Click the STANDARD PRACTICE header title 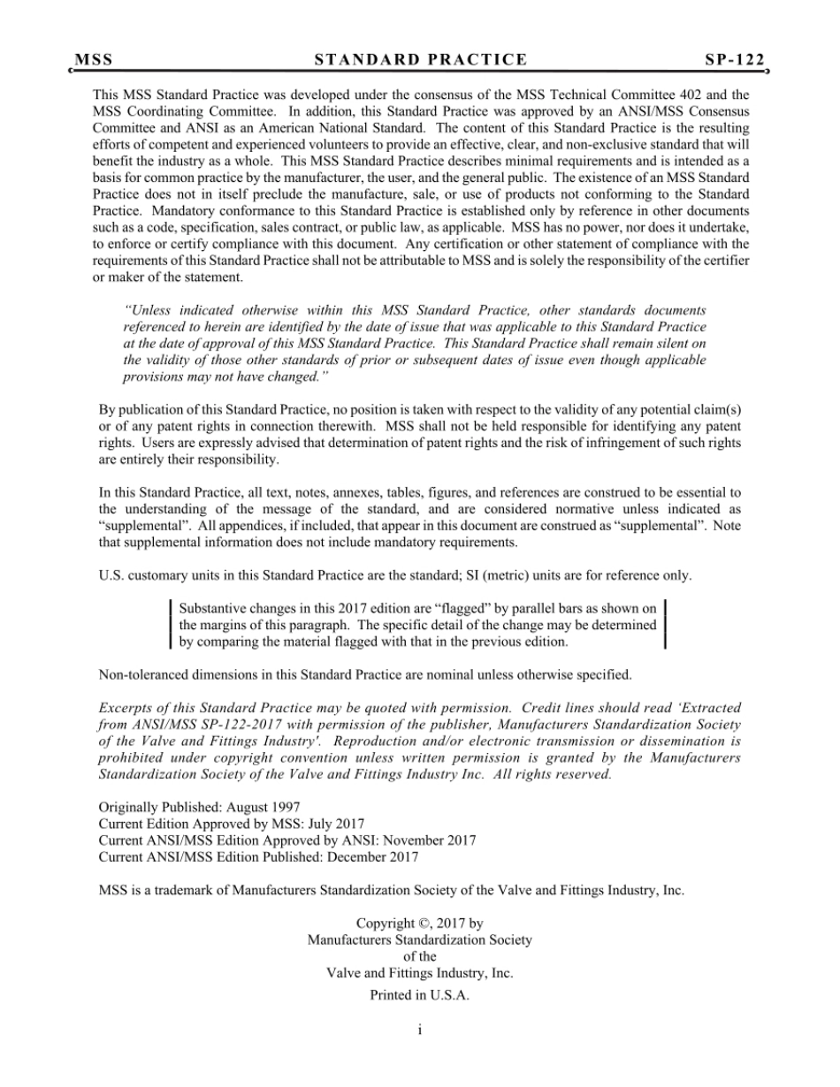coord(421,60)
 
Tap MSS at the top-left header coord(94,60)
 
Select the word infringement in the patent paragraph coord(620,444)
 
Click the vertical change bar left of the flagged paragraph coord(170,625)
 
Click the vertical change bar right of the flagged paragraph coord(664,625)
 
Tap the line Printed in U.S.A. coord(419,995)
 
